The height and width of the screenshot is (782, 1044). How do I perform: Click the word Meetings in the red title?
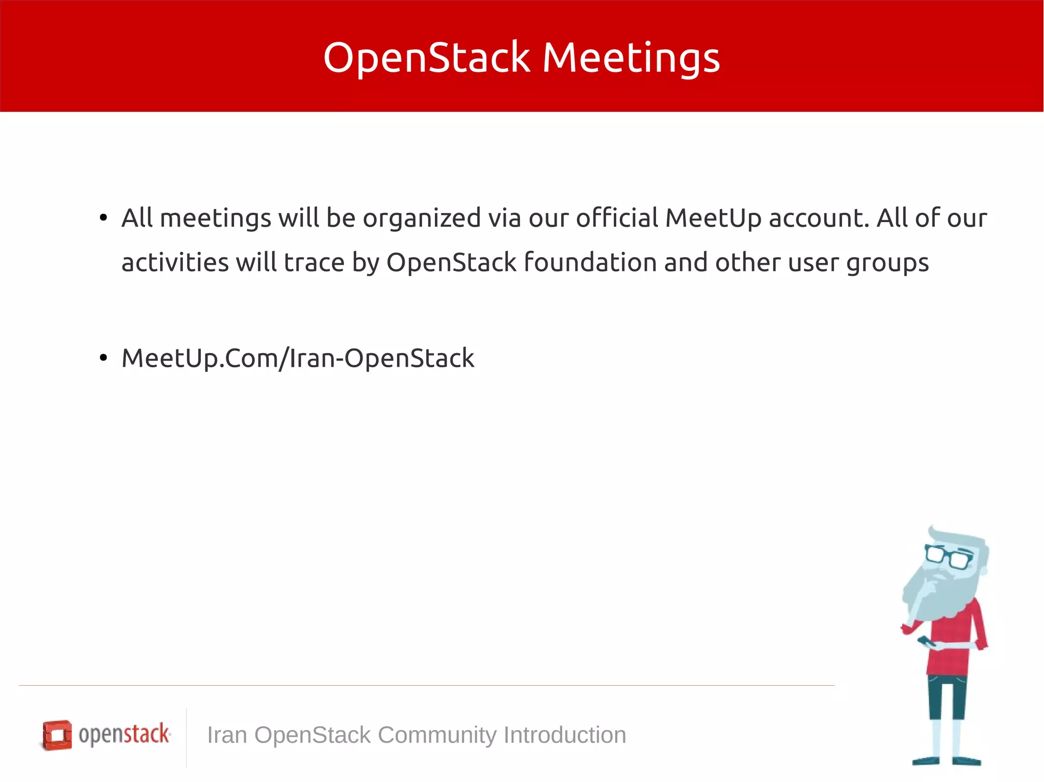click(631, 58)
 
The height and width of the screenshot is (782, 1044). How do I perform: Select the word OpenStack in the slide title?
click(427, 58)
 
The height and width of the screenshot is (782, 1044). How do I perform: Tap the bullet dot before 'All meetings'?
click(103, 218)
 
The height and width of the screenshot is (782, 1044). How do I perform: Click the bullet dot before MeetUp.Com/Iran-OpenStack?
click(103, 358)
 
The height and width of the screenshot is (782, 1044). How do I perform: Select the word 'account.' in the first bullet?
click(819, 218)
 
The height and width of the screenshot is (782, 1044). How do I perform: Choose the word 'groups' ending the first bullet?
click(888, 263)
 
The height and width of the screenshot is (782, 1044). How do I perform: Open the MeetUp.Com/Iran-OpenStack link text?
click(298, 358)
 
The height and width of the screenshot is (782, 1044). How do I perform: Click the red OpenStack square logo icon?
click(57, 735)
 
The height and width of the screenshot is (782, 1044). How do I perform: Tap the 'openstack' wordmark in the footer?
click(124, 734)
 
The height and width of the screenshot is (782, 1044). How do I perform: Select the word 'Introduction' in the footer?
click(565, 735)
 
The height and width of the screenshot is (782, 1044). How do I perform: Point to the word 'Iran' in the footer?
click(227, 735)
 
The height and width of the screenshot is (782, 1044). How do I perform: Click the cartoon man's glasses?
click(949, 557)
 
